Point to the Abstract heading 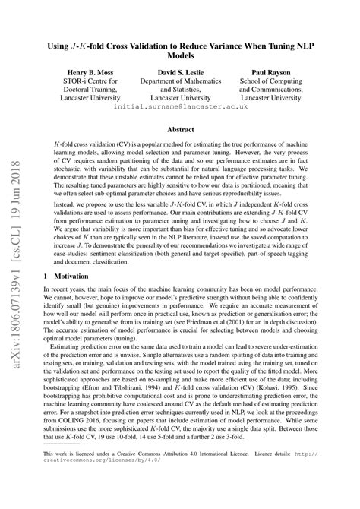[180, 130]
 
